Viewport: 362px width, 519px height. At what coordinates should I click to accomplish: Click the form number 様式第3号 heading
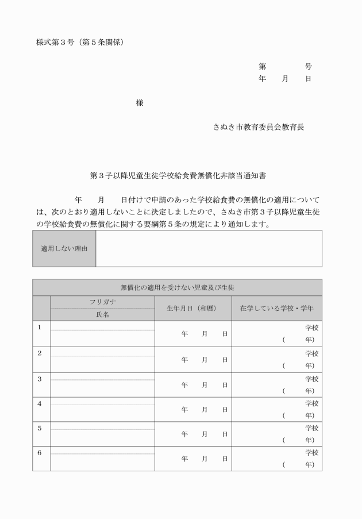(x=80, y=43)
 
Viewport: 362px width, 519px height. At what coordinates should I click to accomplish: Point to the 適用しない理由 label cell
(x=64, y=248)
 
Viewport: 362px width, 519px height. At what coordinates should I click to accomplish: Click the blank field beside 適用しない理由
(x=208, y=248)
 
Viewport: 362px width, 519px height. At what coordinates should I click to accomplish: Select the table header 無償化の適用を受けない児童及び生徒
(x=177, y=287)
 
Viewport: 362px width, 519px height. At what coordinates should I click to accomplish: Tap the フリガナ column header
(x=102, y=302)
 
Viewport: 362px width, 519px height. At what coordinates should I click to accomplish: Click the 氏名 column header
(x=102, y=314)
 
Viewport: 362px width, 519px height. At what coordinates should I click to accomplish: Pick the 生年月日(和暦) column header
(x=191, y=308)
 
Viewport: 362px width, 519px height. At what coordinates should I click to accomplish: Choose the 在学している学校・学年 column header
(x=276, y=308)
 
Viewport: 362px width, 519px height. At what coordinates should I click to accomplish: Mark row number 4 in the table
(x=40, y=403)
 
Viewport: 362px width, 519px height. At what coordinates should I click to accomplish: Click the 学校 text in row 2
(x=311, y=353)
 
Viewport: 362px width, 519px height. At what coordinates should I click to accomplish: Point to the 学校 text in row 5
(x=311, y=428)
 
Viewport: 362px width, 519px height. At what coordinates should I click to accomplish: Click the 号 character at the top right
(x=309, y=67)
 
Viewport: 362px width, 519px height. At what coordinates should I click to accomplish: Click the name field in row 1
(x=102, y=339)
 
